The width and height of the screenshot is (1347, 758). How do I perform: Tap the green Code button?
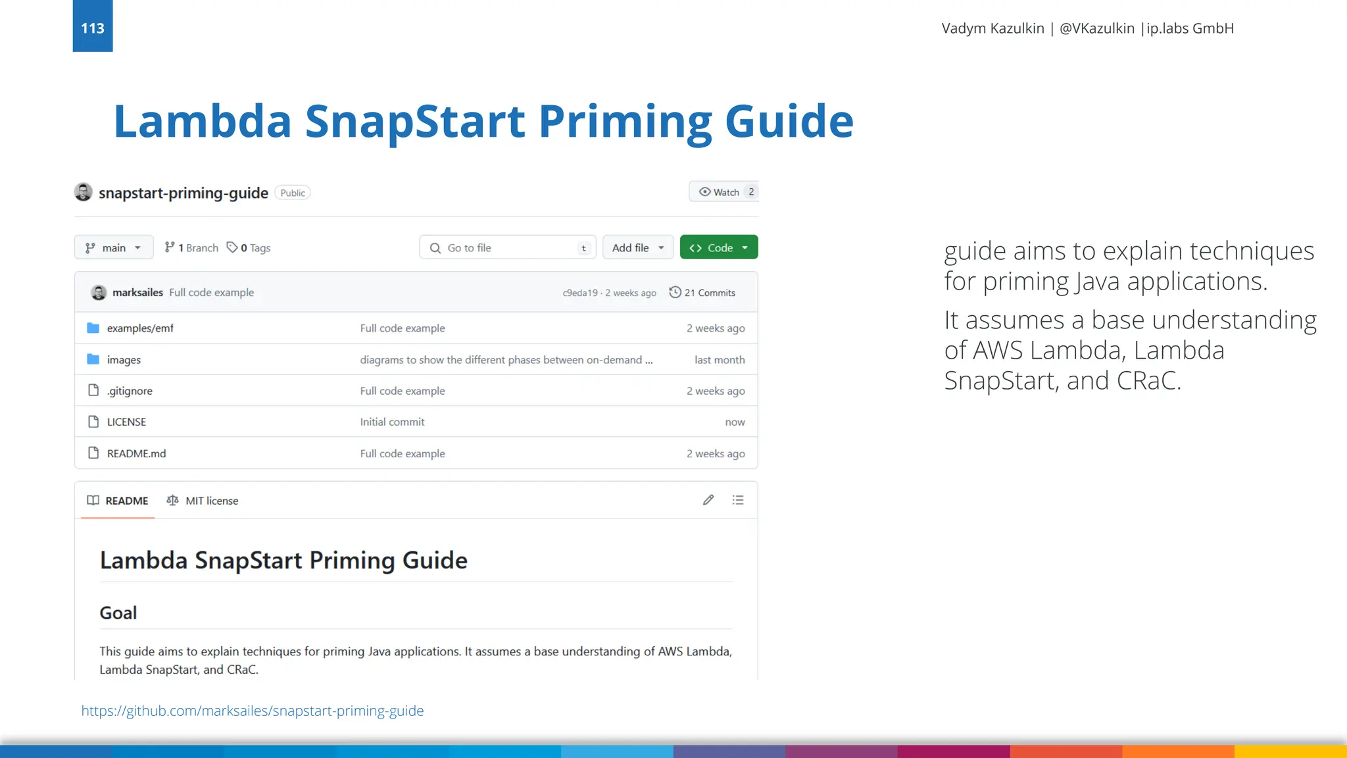click(718, 247)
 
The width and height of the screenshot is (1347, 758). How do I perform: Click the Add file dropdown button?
click(637, 247)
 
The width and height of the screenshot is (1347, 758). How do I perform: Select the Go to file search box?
click(507, 247)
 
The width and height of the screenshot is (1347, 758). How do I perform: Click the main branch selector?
click(113, 247)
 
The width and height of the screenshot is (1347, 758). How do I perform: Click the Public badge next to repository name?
click(292, 193)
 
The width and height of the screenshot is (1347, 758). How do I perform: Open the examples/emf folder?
click(140, 328)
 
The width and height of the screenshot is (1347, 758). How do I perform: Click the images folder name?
click(124, 360)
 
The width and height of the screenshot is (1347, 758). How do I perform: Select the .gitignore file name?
click(130, 391)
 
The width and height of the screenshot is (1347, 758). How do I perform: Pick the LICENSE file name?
click(126, 422)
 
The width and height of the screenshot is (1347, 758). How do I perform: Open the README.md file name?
click(136, 453)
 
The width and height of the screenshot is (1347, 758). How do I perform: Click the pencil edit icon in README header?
click(708, 500)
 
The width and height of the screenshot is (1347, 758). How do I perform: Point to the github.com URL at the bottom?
click(252, 711)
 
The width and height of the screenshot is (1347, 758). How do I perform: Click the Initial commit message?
click(392, 422)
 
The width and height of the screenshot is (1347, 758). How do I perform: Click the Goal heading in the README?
click(118, 613)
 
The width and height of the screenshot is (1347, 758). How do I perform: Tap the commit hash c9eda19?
click(580, 293)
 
